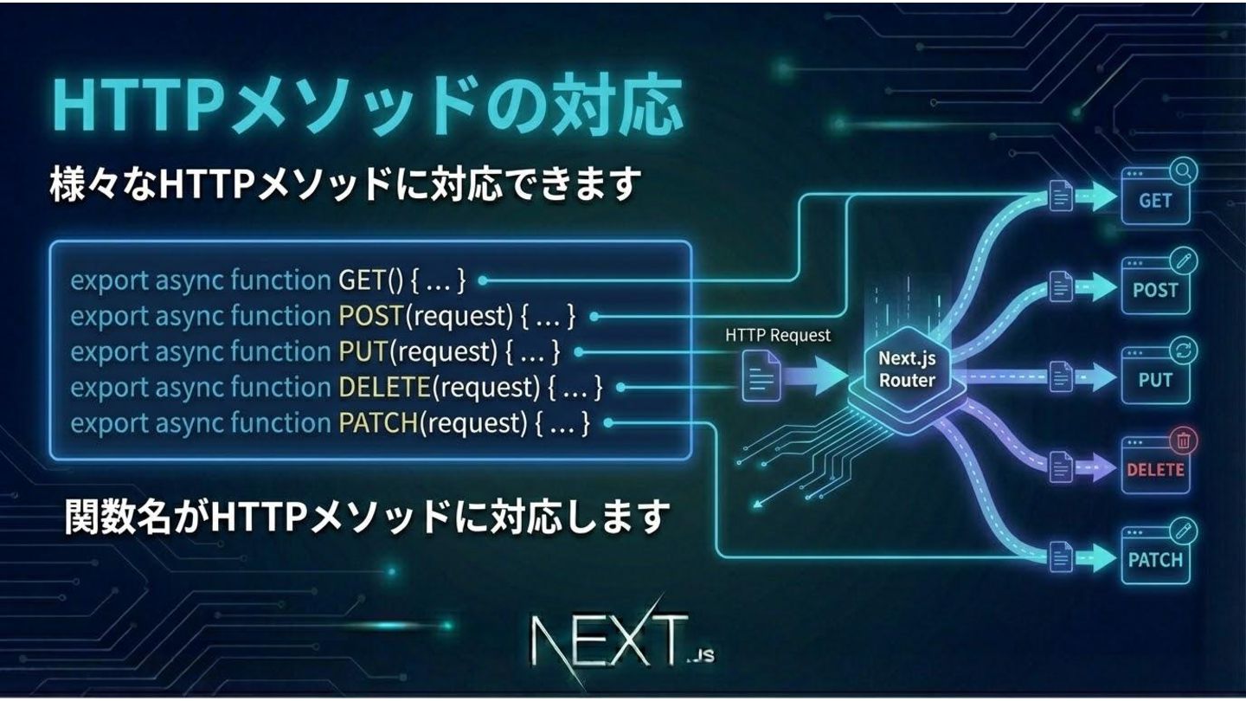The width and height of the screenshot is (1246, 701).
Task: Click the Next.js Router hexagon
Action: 906,370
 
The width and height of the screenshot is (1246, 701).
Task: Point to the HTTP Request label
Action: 777,335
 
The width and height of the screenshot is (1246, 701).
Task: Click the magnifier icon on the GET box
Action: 1183,171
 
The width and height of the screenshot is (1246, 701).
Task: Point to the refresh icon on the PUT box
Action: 1183,351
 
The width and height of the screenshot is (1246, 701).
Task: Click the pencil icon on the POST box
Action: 1183,260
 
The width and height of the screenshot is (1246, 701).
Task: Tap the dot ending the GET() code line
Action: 483,280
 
